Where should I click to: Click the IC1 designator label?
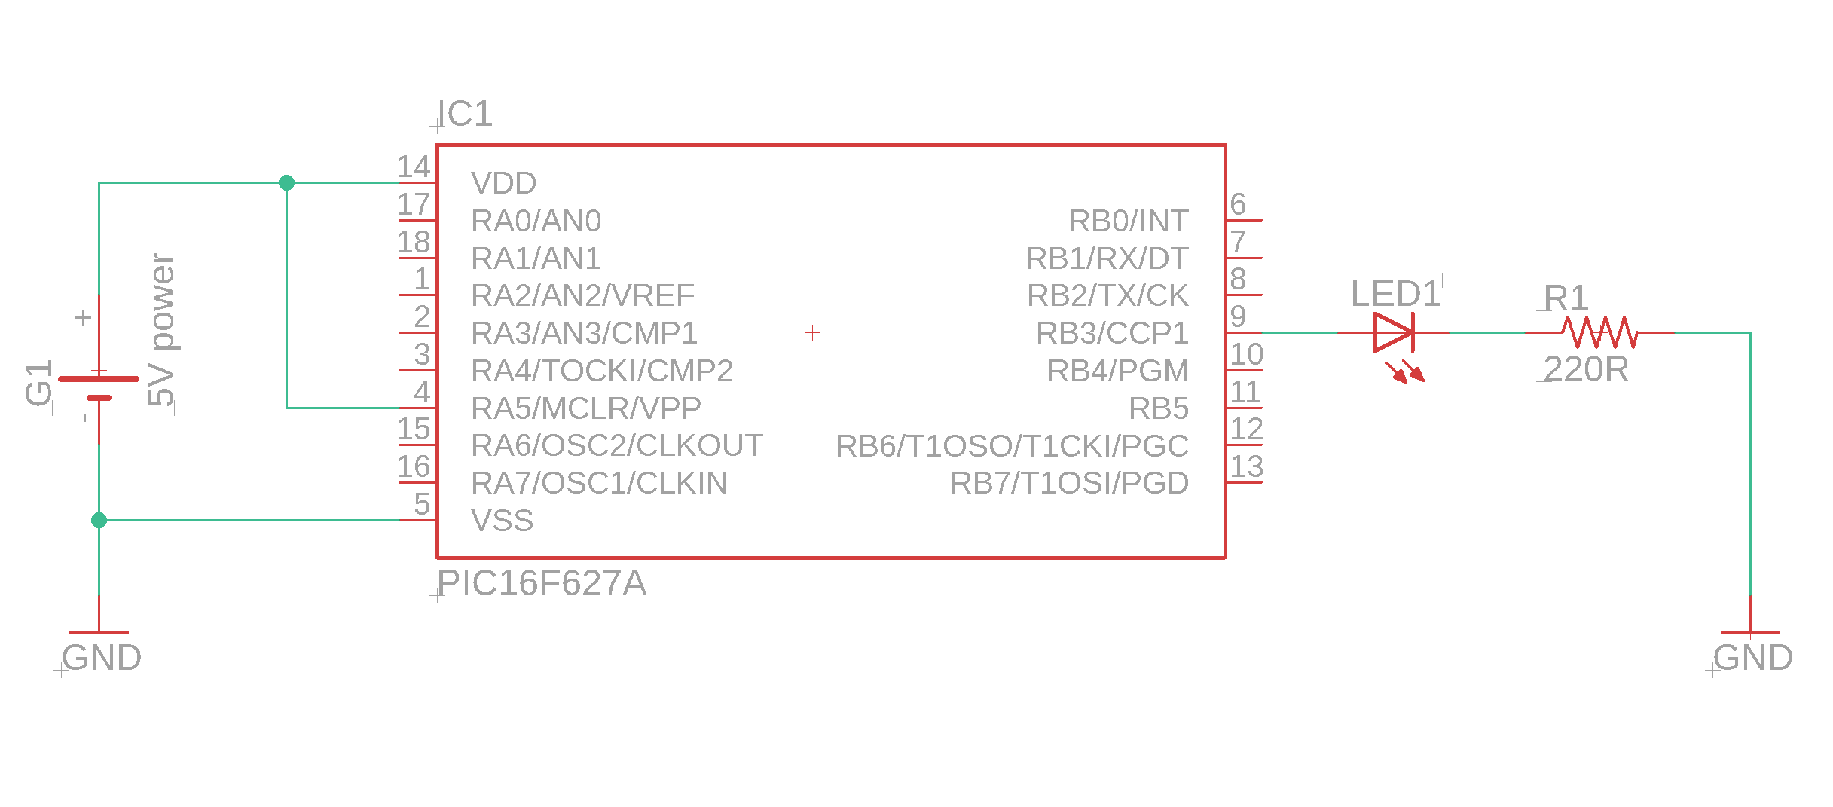coord(466,115)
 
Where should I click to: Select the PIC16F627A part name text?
coord(542,583)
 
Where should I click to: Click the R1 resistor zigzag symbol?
coord(1599,332)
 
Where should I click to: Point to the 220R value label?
coord(1586,369)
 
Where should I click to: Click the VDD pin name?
coord(503,183)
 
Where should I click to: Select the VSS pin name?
coord(502,521)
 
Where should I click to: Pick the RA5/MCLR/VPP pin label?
coord(585,408)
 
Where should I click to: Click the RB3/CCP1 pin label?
coord(1112,333)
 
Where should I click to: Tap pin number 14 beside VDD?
coord(414,167)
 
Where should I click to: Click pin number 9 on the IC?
coord(1238,316)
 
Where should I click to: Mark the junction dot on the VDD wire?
coord(286,182)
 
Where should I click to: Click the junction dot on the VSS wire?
coord(99,520)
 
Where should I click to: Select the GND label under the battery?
coord(102,658)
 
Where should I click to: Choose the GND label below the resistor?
coord(1753,658)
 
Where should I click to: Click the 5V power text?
coord(161,329)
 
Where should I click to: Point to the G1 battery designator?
coord(38,383)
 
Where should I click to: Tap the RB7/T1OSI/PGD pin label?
coord(1069,483)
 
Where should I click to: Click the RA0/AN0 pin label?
coord(536,221)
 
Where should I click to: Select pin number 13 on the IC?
coord(1246,466)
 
